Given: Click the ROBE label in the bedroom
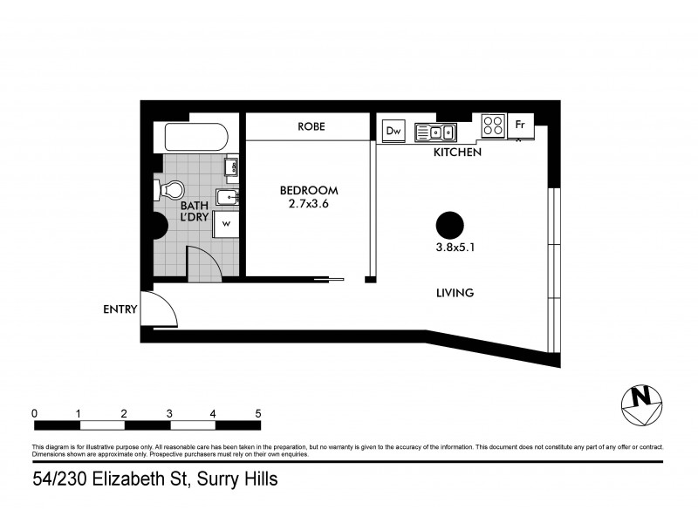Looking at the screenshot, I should coord(311,126).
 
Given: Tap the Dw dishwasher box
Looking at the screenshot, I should coord(393,131).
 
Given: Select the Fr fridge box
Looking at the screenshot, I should coord(520,126).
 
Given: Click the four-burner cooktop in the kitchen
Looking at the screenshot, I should coord(493,126).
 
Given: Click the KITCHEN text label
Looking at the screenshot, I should coord(458,153).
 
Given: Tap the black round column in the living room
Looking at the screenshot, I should coord(448,225).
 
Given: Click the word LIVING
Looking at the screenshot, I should coord(455,294).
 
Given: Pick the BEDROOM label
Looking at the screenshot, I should coord(308,190).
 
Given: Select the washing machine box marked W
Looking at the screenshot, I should coord(225,224).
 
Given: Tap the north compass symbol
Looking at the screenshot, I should coord(641,404).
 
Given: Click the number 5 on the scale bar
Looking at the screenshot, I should coord(258,412).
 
